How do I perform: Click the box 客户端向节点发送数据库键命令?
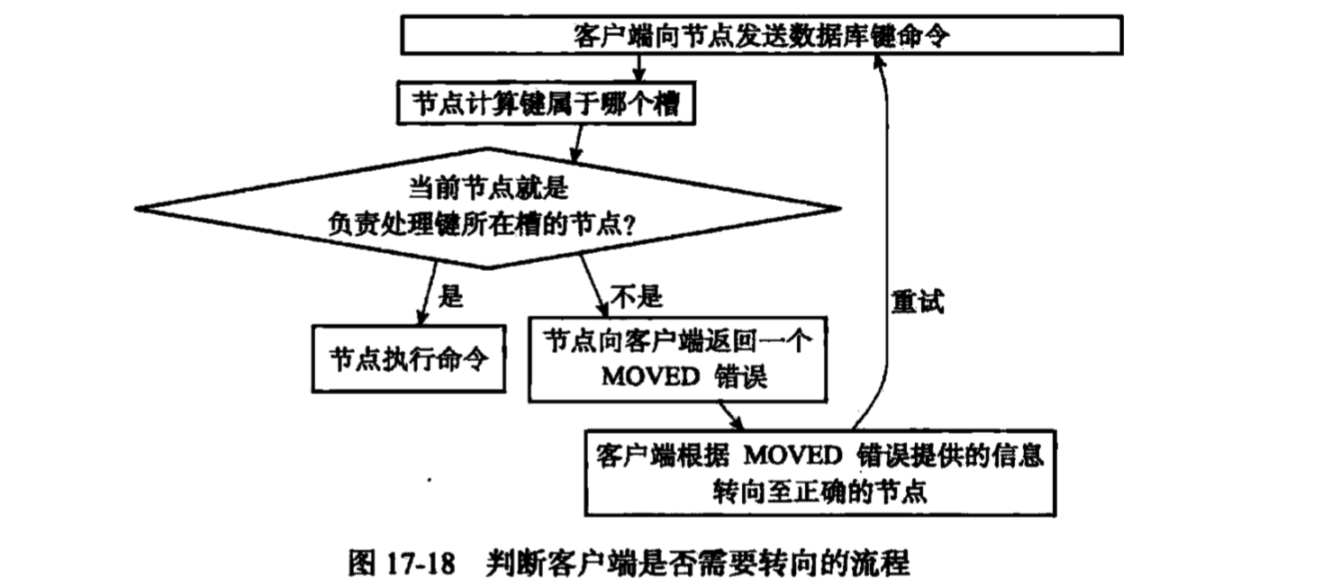(x=761, y=36)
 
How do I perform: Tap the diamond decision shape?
(x=491, y=208)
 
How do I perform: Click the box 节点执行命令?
(x=408, y=358)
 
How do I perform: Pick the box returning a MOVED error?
(x=677, y=358)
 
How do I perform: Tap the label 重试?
(x=918, y=303)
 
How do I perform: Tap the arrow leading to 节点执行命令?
(x=429, y=293)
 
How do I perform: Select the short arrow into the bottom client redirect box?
(x=733, y=414)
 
